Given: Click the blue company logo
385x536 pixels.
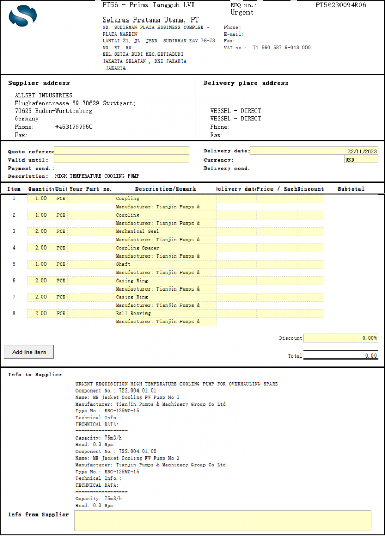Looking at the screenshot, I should pyautogui.click(x=23, y=15).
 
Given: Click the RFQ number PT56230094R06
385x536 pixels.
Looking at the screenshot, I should pyautogui.click(x=341, y=5).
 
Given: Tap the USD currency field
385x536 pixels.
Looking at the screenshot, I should pyautogui.click(x=360, y=160).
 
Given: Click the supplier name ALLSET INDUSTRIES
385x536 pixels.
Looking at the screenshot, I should pyautogui.click(x=43, y=96).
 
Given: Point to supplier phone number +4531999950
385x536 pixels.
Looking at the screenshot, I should pyautogui.click(x=74, y=127).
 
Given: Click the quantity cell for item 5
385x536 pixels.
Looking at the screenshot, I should pyautogui.click(x=40, y=264).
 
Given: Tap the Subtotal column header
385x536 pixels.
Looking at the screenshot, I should pyautogui.click(x=350, y=189).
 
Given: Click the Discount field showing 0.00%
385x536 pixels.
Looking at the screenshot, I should pyautogui.click(x=341, y=338).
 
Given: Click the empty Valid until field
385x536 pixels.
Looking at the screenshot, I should pyautogui.click(x=121, y=160).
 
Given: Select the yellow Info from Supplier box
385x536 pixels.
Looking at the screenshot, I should pyautogui.click(x=222, y=521).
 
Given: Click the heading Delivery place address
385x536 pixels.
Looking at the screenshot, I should pyautogui.click(x=246, y=83).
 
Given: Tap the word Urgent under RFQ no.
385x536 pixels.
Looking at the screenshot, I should pyautogui.click(x=242, y=13).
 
